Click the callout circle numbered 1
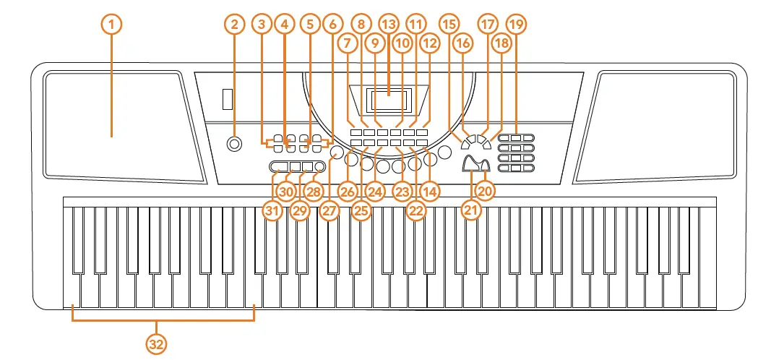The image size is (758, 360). (x=111, y=24)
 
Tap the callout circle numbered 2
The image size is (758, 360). (x=233, y=24)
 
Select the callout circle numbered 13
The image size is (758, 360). (x=389, y=24)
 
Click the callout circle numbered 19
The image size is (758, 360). (x=516, y=24)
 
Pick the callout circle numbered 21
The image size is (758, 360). (x=472, y=210)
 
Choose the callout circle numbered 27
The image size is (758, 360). (x=330, y=210)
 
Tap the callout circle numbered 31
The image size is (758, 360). (x=272, y=210)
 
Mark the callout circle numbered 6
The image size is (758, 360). (x=332, y=24)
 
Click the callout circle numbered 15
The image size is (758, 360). (x=449, y=24)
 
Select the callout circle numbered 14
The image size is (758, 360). (x=431, y=192)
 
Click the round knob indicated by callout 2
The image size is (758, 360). (x=234, y=144)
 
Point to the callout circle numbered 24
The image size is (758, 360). (x=375, y=192)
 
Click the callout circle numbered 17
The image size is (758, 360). (x=488, y=24)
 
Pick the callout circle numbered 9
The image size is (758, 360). (x=374, y=43)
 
